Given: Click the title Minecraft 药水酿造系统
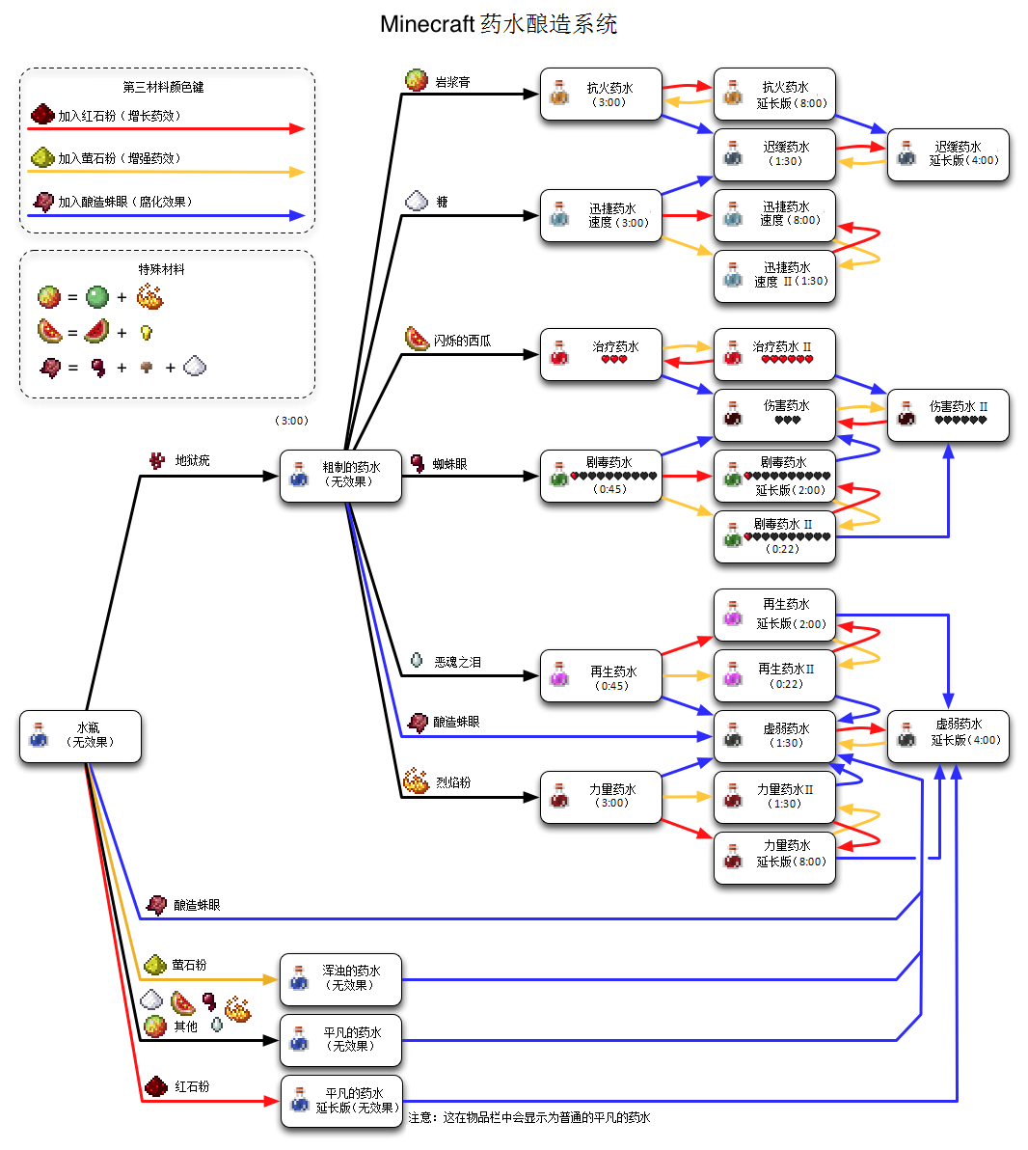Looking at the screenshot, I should [x=499, y=24].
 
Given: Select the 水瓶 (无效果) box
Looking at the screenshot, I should [x=80, y=737].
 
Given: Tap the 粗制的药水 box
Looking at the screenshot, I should [x=340, y=476].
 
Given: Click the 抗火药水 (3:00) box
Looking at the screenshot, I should [x=601, y=95].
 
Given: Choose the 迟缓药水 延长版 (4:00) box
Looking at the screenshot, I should [x=948, y=154].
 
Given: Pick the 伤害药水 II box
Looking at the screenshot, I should [x=948, y=415].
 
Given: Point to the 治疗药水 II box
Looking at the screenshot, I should [x=774, y=354].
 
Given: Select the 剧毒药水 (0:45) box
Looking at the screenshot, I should [x=601, y=476].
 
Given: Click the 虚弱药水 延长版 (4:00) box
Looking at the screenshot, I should [x=948, y=737].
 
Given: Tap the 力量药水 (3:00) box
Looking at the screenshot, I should [x=601, y=797].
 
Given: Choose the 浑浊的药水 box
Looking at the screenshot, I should [x=340, y=979].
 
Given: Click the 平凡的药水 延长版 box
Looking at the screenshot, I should [x=341, y=1101].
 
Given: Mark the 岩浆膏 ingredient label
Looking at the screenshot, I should [x=452, y=83].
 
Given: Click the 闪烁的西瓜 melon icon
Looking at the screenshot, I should [x=417, y=340].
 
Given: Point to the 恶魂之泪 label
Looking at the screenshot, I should [x=457, y=663].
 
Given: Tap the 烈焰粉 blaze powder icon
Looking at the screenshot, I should [x=417, y=781].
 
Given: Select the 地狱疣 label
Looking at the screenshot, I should [x=192, y=461].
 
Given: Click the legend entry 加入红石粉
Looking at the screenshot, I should [x=119, y=116].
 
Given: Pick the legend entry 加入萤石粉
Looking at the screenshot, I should [x=119, y=158].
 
